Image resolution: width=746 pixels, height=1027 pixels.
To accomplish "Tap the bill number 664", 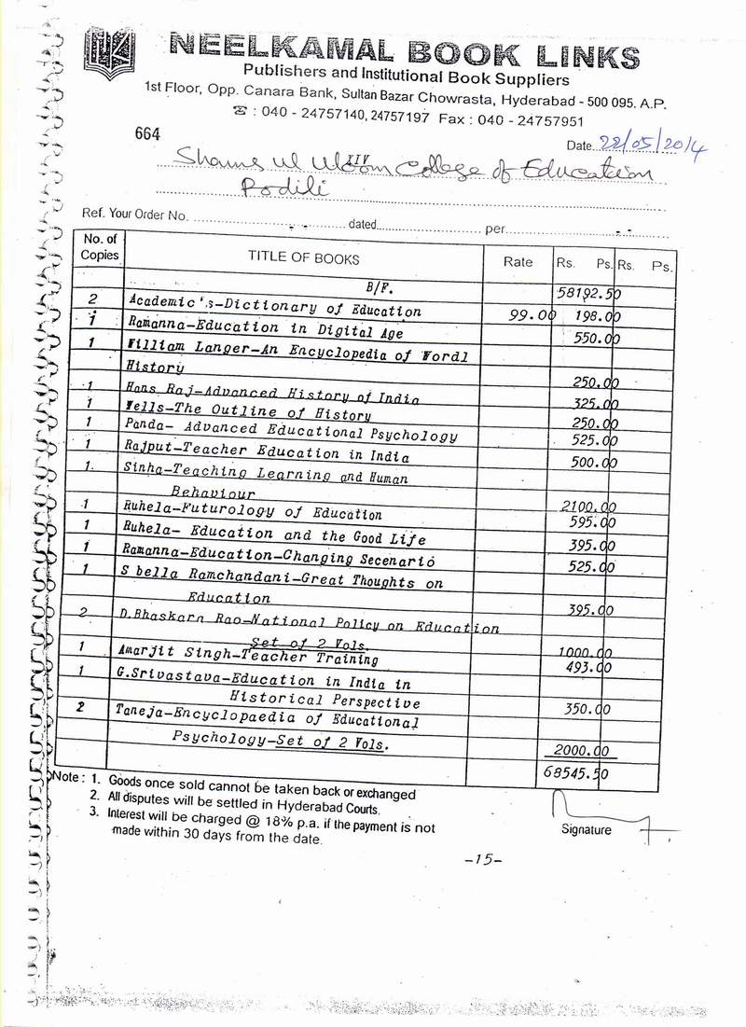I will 148,134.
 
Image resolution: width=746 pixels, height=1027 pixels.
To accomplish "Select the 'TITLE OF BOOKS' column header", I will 303,258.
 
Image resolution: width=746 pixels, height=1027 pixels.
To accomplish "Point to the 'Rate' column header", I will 518,262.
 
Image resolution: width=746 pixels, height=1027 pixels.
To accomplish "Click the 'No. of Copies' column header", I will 99,247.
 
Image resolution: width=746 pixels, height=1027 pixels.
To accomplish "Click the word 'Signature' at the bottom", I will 587,829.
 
